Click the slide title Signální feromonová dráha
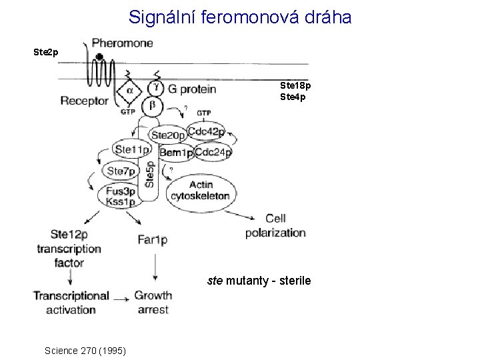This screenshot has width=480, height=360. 240,17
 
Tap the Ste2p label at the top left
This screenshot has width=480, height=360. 46,51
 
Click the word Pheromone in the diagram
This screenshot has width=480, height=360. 122,43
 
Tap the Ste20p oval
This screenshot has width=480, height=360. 169,135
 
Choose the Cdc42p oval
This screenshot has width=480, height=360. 206,131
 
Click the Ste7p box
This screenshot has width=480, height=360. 121,171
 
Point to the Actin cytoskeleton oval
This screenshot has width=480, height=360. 201,190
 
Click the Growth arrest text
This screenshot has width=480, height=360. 153,302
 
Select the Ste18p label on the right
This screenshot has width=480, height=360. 295,86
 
